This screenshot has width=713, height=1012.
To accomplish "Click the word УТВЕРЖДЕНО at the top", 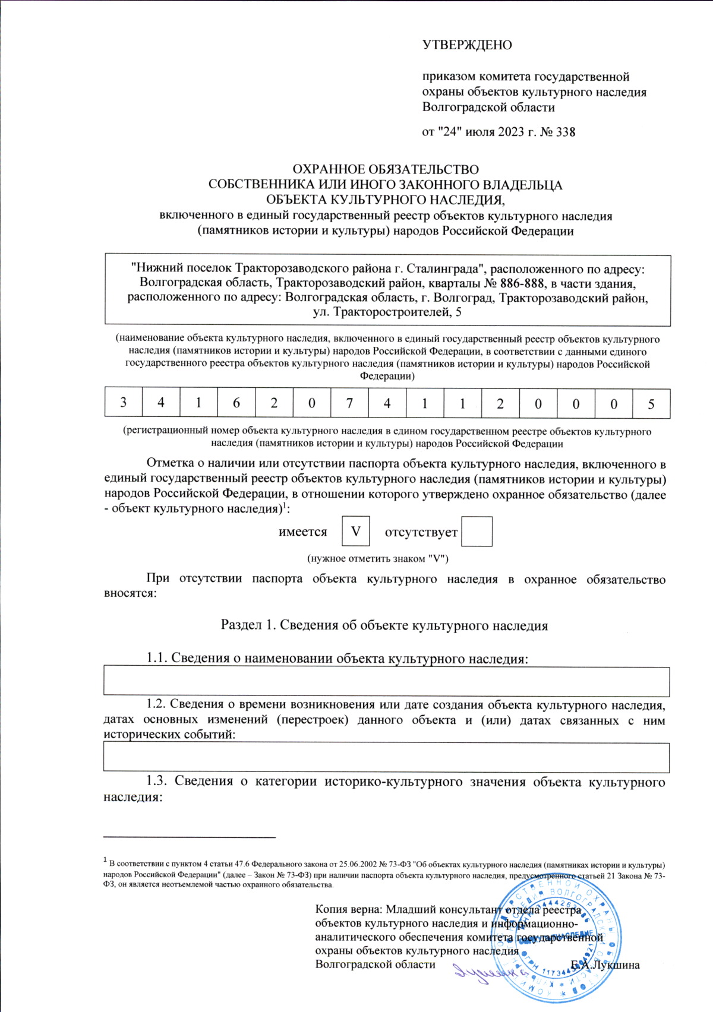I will click(467, 45).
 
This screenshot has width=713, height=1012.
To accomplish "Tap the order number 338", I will click(565, 132).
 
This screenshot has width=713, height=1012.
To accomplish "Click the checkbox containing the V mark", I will click(356, 532).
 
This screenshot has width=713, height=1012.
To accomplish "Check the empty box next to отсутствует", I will click(477, 532).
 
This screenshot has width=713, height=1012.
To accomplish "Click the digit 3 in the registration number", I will click(124, 403).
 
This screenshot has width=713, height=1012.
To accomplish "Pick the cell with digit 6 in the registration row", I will click(236, 403).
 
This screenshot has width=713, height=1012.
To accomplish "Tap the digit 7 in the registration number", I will click(349, 403).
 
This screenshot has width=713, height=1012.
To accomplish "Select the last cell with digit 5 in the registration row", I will click(651, 403).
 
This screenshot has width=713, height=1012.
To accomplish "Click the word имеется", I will click(303, 532).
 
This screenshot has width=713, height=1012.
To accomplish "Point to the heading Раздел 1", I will click(248, 625).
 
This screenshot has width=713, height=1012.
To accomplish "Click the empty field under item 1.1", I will click(386, 681).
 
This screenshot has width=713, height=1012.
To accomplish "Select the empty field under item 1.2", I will click(386, 757).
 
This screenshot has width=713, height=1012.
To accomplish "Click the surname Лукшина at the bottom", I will click(615, 965).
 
